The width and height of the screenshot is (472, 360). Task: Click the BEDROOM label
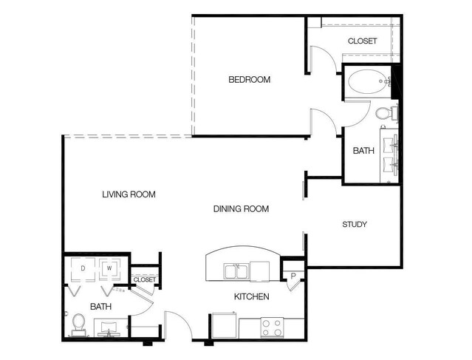click(249, 80)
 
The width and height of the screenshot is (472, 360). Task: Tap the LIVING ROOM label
click(129, 194)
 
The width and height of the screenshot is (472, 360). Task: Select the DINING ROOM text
click(241, 208)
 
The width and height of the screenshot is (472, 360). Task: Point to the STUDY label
click(355, 224)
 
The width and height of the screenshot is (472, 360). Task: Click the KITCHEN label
click(252, 296)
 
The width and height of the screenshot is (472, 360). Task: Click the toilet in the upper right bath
click(386, 114)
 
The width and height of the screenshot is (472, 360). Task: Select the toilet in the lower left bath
click(79, 325)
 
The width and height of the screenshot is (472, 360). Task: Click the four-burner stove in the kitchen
click(272, 328)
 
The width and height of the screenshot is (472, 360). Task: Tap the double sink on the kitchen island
click(236, 272)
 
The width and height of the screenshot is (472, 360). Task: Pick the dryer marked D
click(83, 269)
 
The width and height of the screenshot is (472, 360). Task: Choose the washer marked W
click(109, 269)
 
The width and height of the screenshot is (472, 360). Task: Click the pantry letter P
click(293, 276)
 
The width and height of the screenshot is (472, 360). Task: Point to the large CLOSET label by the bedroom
click(362, 41)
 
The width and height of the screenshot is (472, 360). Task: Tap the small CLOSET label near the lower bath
click(145, 280)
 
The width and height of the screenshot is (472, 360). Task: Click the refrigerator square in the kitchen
click(225, 326)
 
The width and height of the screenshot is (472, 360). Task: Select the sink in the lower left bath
click(109, 328)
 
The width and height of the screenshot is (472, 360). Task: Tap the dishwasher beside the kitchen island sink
click(260, 271)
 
